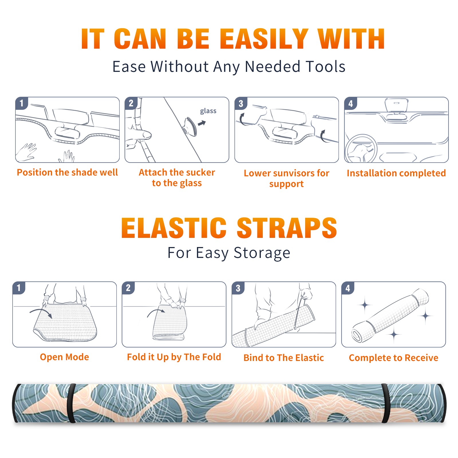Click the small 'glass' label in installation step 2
[208, 111]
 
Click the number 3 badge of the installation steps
[241, 104]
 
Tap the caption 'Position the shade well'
[67, 172]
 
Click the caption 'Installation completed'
[396, 173]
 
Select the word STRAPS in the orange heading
[287, 228]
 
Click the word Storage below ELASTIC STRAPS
[262, 253]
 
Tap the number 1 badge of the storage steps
[19, 288]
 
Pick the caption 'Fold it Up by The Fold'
[174, 357]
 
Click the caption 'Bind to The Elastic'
[283, 358]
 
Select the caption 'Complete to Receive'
[394, 358]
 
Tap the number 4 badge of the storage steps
[348, 288]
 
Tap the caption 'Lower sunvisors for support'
[287, 178]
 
